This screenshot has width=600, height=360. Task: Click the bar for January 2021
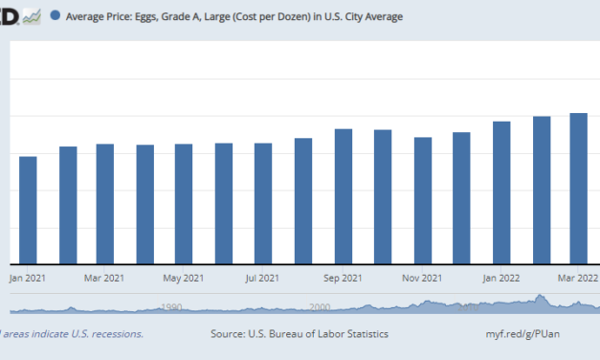click(28, 210)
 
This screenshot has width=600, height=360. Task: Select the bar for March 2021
click(105, 203)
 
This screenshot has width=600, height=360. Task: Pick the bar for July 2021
click(263, 203)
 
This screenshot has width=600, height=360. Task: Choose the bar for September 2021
click(343, 195)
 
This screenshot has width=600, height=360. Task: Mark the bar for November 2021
click(422, 200)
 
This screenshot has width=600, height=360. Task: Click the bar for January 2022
click(501, 191)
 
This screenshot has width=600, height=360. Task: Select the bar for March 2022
click(579, 188)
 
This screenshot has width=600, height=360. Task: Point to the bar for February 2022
click(542, 190)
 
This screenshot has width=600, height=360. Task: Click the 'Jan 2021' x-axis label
click(28, 279)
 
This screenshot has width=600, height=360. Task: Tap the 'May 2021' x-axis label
click(184, 279)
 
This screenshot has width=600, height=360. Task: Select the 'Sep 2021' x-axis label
click(343, 279)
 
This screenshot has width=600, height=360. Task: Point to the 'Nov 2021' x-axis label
click(422, 279)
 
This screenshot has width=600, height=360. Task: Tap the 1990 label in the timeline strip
click(171, 307)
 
